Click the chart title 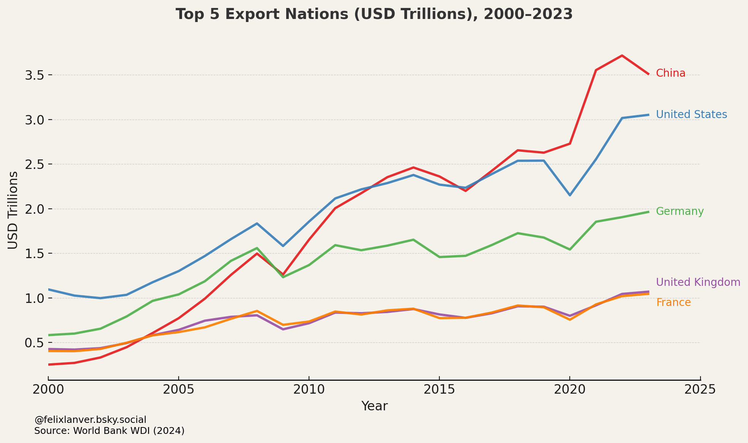(x=374, y=14)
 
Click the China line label (x=670, y=73)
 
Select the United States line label (x=691, y=115)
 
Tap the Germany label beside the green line (x=680, y=211)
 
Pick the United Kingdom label (x=698, y=282)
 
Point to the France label (x=673, y=303)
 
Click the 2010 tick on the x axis (x=309, y=389)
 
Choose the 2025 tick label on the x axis (x=700, y=389)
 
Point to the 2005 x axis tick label (x=178, y=389)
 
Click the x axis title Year (x=374, y=406)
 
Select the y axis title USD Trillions (x=13, y=210)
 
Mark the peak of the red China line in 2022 (x=622, y=56)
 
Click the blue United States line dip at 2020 (x=570, y=195)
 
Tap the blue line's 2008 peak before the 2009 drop (x=257, y=224)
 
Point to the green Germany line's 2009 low (x=283, y=277)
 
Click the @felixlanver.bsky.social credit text (x=90, y=420)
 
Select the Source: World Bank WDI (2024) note (x=109, y=431)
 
